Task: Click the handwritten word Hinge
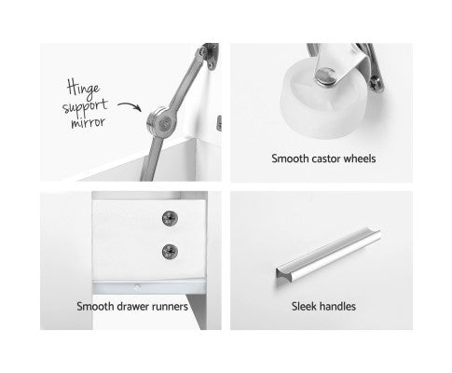[83, 88]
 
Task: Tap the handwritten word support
[85, 107]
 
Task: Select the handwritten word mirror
[88, 122]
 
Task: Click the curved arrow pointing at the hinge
[130, 105]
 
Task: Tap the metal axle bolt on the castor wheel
[325, 76]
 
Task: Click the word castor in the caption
[325, 159]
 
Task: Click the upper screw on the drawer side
[170, 218]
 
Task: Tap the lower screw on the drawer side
[170, 251]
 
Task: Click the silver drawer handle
[328, 256]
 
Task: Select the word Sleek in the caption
[303, 307]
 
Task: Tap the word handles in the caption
[336, 307]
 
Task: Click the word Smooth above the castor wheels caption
[290, 159]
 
